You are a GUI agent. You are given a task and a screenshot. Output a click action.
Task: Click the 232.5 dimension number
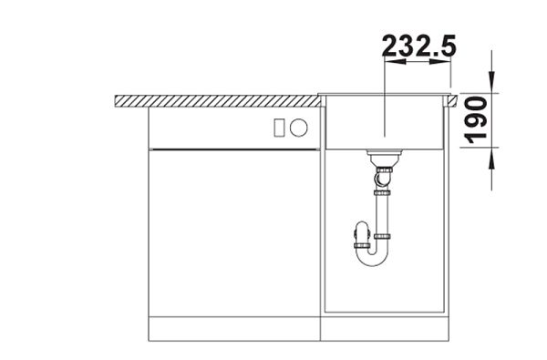419,46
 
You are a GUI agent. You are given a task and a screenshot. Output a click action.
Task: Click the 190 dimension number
476,120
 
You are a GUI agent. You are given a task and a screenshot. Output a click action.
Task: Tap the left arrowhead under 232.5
395,61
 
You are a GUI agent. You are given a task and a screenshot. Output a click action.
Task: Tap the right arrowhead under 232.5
440,61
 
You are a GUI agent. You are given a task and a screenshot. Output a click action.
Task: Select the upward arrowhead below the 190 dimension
492,158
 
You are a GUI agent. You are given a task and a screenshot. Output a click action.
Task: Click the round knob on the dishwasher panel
299,128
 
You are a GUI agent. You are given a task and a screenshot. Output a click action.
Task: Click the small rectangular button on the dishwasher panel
279,128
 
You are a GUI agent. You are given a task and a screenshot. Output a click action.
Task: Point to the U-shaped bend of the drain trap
372,259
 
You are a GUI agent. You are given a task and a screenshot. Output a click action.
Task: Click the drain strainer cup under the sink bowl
384,158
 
